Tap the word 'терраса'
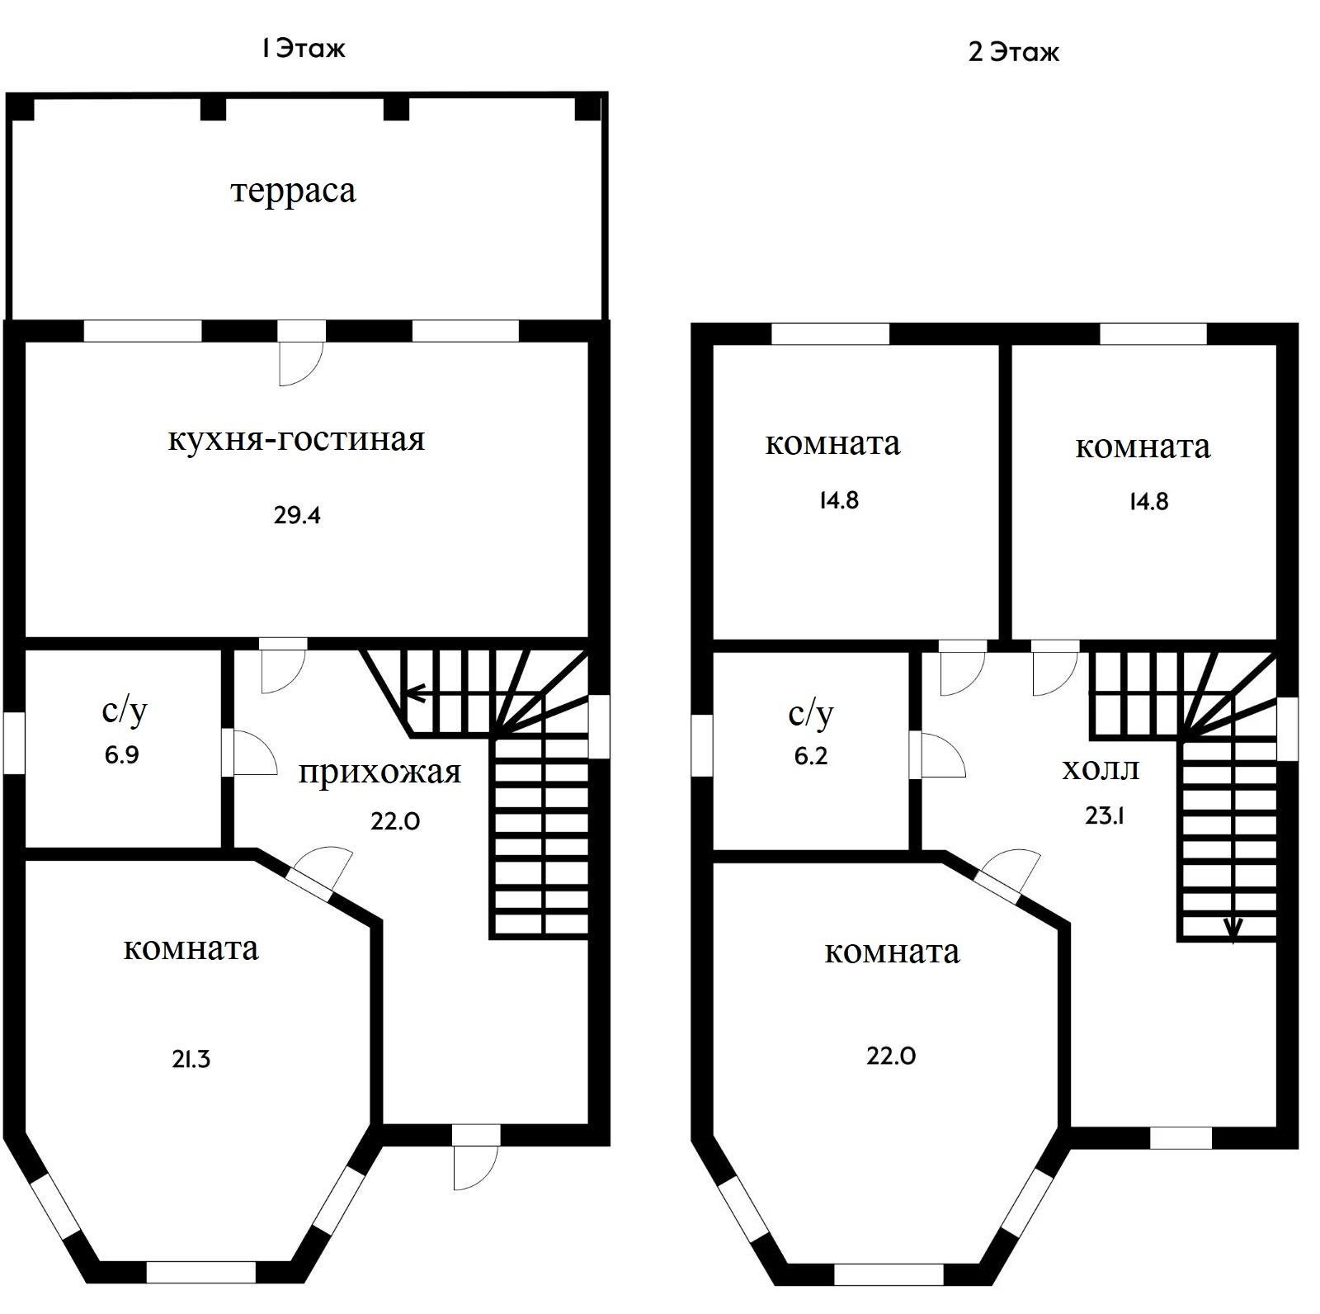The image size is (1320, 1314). pyautogui.click(x=294, y=191)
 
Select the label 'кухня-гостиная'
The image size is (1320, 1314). pyautogui.click(x=296, y=438)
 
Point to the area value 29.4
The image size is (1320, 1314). pyautogui.click(x=297, y=516)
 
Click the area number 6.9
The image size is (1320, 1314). pyautogui.click(x=121, y=755)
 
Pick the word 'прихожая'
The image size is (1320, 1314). pyautogui.click(x=379, y=774)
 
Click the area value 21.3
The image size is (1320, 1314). pyautogui.click(x=191, y=1059)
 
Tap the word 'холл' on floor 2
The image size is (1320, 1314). pyautogui.click(x=1101, y=770)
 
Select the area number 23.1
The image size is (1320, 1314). pyautogui.click(x=1105, y=815)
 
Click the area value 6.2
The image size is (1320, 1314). pyautogui.click(x=811, y=756)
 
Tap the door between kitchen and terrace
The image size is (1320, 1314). pyautogui.click(x=300, y=352)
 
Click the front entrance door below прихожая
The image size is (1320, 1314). pyautogui.click(x=475, y=1156)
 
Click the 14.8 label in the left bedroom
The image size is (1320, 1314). pyautogui.click(x=839, y=501)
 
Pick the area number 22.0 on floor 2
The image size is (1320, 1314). pyautogui.click(x=891, y=1056)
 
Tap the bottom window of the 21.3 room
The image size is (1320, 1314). pyautogui.click(x=200, y=1272)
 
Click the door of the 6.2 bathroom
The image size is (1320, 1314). pyautogui.click(x=936, y=754)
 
